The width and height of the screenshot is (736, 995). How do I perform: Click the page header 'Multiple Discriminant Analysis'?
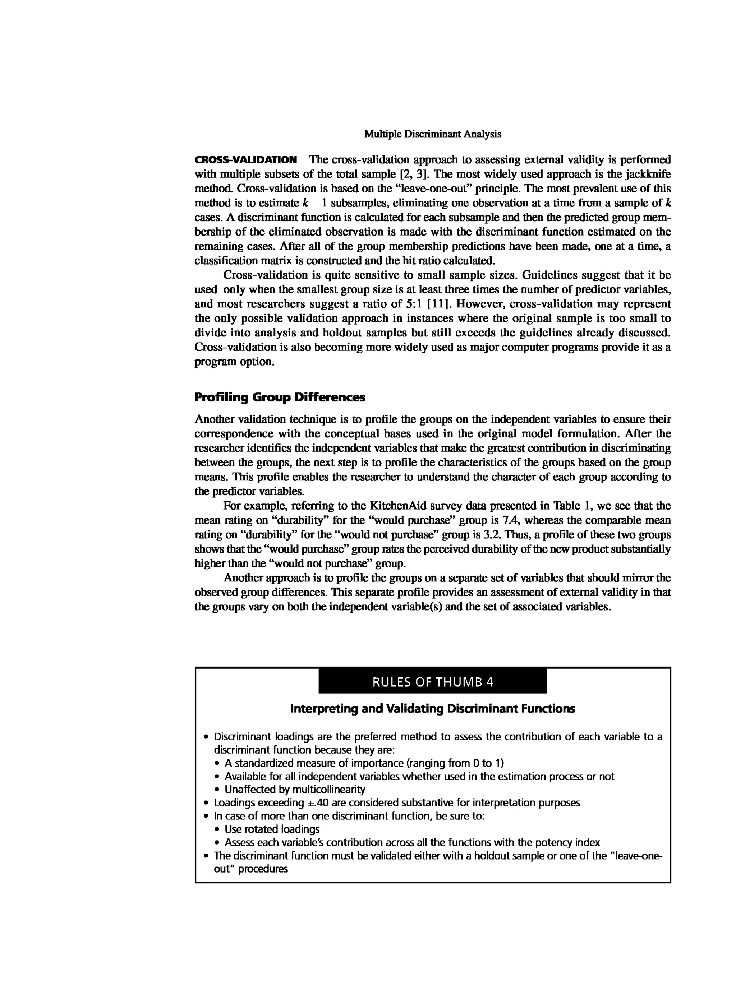(x=433, y=134)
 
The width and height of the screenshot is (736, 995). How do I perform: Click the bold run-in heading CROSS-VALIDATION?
(x=246, y=160)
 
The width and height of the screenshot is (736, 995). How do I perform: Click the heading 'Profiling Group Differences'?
(x=280, y=397)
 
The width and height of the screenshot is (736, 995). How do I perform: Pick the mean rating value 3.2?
(x=492, y=535)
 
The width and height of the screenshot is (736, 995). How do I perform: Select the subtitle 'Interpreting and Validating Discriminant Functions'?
(x=433, y=709)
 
